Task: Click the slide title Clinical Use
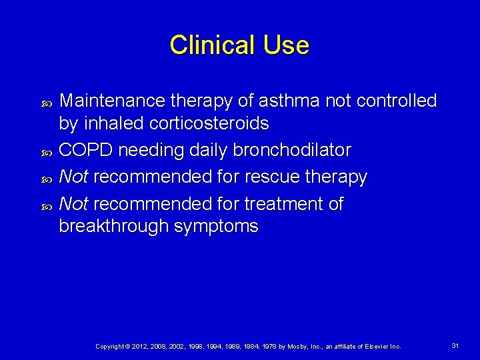coord(239,45)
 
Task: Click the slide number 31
coord(455,346)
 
